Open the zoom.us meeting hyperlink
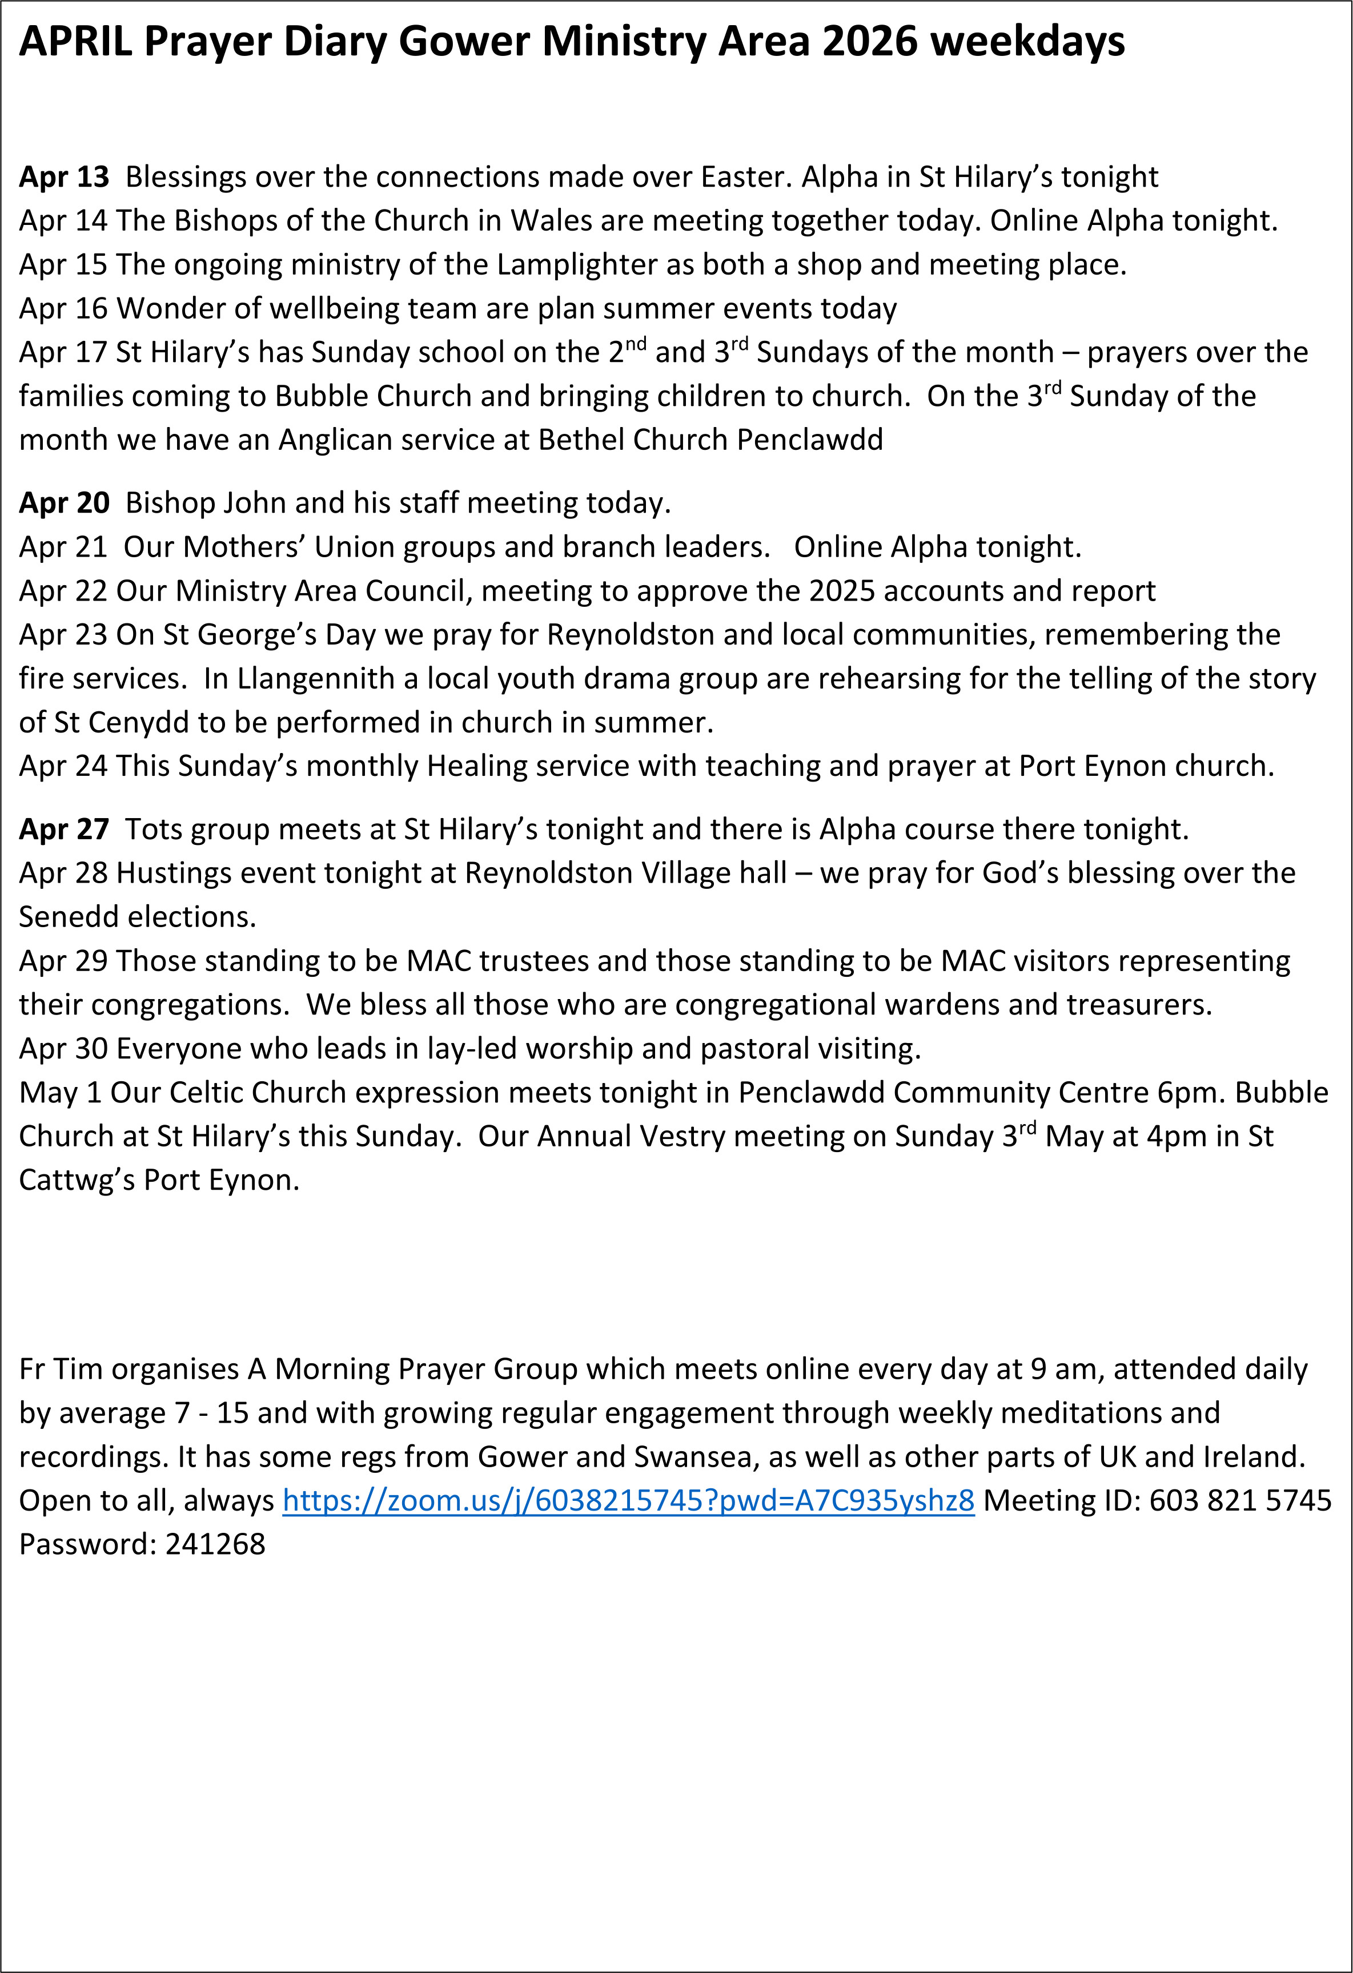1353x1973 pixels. click(x=628, y=1501)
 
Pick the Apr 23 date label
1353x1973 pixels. click(x=64, y=635)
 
